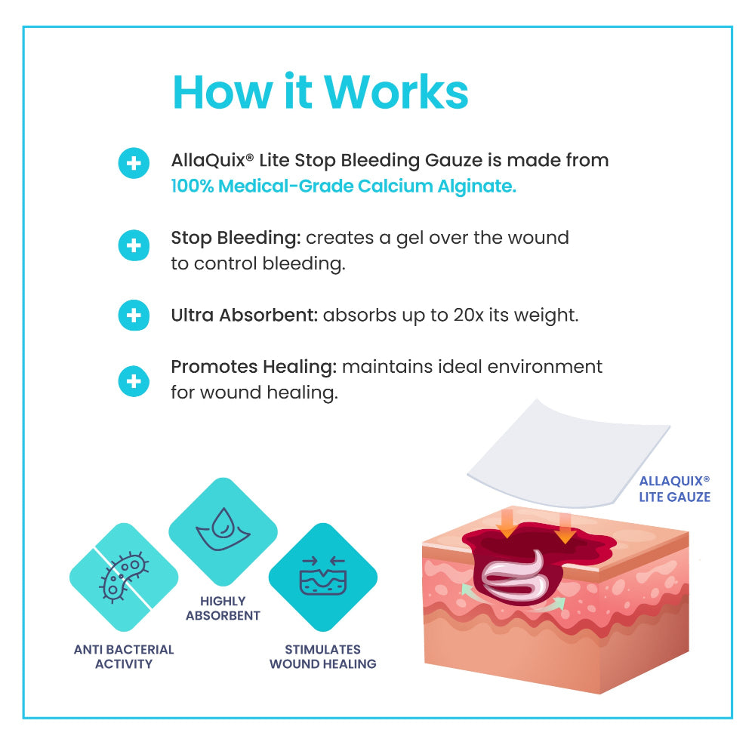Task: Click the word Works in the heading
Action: point(397,92)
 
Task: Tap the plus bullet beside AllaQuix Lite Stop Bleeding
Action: point(134,163)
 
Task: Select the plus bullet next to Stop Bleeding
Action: point(134,245)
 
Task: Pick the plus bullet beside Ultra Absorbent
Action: point(134,315)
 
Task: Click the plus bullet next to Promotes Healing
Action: point(134,381)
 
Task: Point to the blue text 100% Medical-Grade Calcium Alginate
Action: point(344,186)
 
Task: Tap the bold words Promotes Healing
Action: point(253,367)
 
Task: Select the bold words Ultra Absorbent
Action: point(244,315)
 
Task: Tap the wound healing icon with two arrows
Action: point(322,577)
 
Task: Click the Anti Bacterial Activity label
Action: point(124,657)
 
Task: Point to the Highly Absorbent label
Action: point(223,608)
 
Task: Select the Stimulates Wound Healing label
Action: point(322,657)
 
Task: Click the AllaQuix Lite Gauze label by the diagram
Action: point(674,489)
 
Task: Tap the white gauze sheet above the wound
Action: point(566,453)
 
